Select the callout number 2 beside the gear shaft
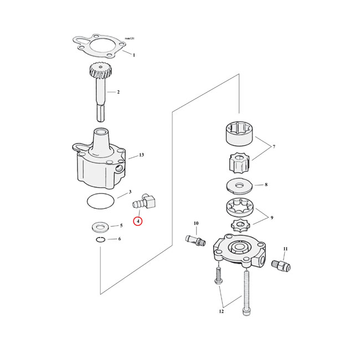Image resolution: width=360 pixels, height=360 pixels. click(117, 91)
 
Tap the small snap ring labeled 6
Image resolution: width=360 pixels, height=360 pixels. click(100, 239)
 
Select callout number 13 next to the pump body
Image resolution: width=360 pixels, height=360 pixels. click(141, 155)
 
